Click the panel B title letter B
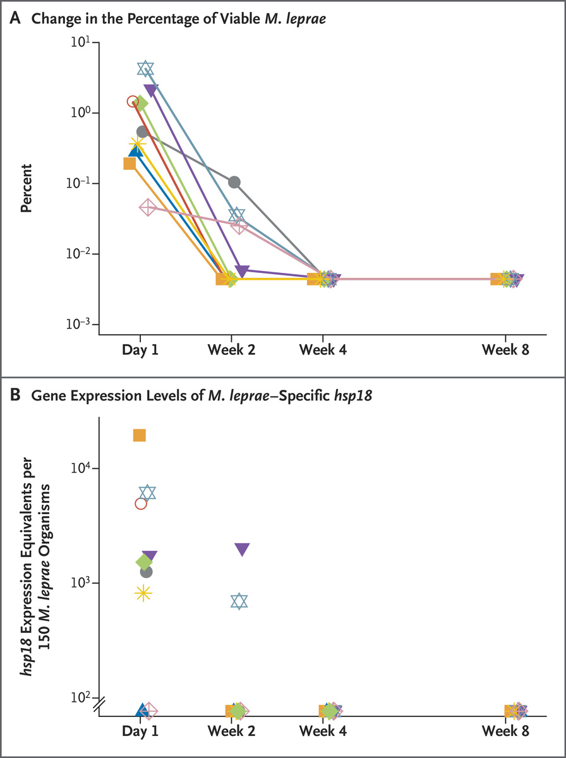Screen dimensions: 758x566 tap(14, 396)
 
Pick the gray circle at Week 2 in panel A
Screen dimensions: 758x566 tap(234, 182)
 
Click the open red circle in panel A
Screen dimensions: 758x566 tap(133, 101)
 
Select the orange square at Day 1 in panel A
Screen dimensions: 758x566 tap(129, 164)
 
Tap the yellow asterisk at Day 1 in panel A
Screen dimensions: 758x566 tap(137, 145)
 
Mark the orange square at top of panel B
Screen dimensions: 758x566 tap(140, 435)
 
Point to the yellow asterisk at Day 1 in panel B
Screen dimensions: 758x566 tap(143, 593)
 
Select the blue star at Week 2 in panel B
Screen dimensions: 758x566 tap(239, 601)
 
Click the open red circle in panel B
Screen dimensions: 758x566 tap(141, 503)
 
